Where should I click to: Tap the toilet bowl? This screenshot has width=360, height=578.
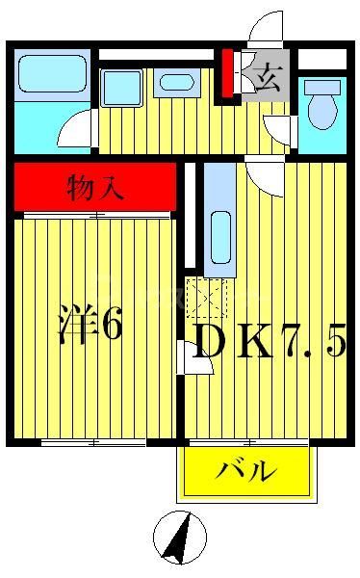[x=322, y=107]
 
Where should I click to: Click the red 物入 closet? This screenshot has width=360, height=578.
[x=95, y=187]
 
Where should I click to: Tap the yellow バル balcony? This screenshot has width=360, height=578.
[x=246, y=472]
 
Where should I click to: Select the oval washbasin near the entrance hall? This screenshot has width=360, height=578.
[x=176, y=83]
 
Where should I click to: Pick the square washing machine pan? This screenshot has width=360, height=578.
[x=122, y=88]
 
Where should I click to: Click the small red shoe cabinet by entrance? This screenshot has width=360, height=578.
[x=229, y=72]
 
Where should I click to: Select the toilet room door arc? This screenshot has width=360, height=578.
[x=282, y=127]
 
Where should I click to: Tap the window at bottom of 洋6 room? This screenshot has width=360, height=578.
[x=94, y=442]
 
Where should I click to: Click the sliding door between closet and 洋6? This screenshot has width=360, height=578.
[x=94, y=215]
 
